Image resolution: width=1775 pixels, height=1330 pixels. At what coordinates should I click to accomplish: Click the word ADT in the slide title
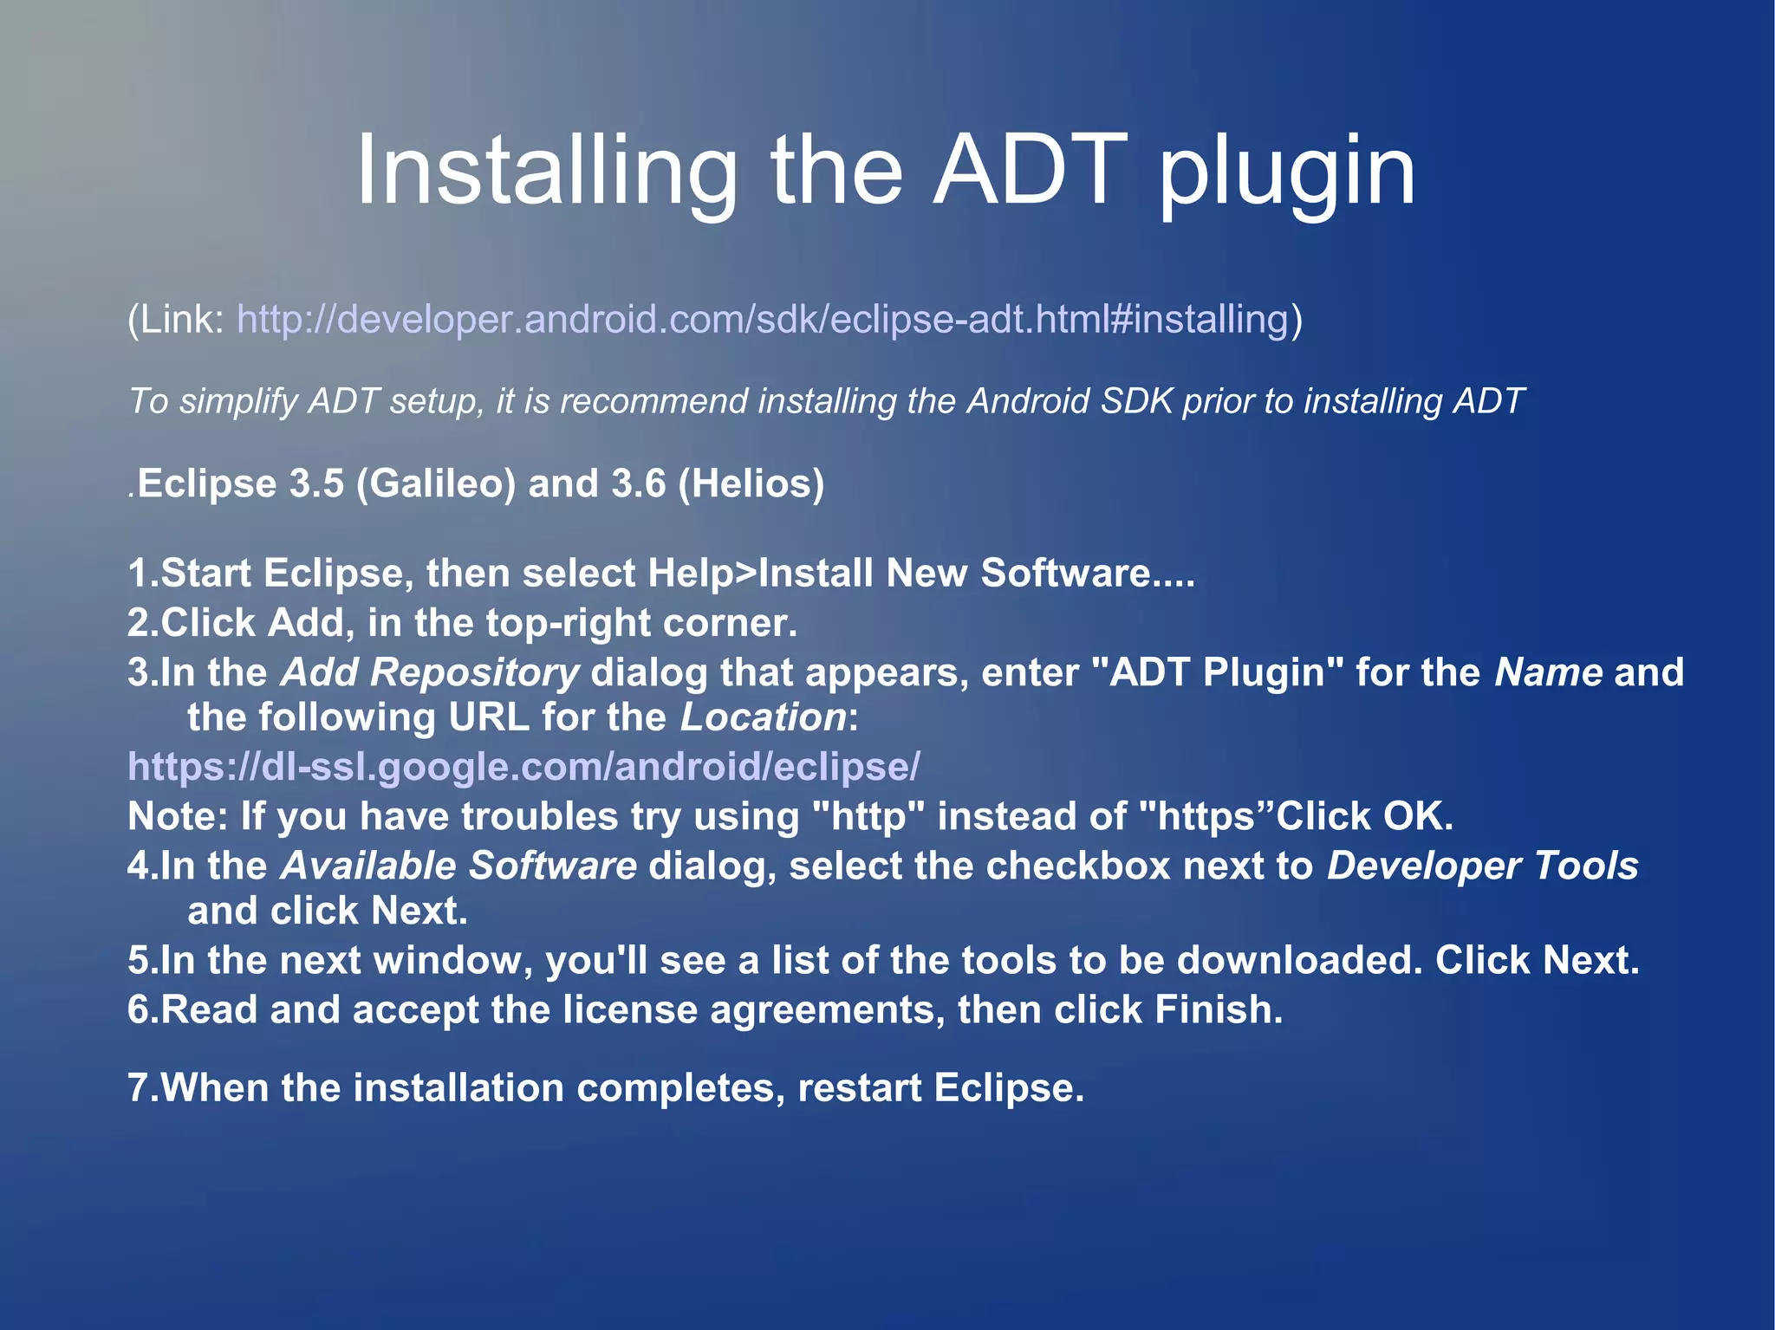[x=1031, y=171]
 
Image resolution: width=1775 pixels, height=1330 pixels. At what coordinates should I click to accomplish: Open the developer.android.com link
[x=763, y=319]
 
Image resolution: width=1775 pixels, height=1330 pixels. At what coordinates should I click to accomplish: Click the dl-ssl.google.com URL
[x=523, y=767]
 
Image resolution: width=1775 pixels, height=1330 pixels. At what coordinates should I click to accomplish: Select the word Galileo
[x=436, y=483]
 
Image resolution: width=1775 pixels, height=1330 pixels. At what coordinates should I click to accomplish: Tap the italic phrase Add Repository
[x=430, y=672]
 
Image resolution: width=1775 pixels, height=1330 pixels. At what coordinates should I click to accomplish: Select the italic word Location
[x=763, y=717]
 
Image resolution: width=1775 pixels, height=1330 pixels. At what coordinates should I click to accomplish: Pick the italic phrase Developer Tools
[x=1483, y=866]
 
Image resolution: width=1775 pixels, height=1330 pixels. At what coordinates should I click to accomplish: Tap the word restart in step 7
[x=859, y=1088]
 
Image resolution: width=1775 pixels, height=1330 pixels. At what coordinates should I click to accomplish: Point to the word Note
[x=177, y=816]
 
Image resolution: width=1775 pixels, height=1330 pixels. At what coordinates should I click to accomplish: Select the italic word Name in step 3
[x=1549, y=672]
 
